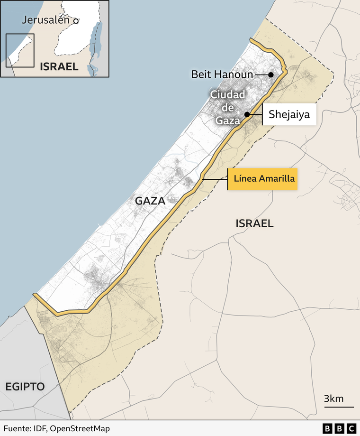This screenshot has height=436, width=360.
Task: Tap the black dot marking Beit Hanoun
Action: coord(271,74)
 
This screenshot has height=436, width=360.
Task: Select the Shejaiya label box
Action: coord(289,114)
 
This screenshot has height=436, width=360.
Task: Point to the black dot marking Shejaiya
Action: coord(247,114)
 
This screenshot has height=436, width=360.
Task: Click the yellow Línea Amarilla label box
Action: coord(263,179)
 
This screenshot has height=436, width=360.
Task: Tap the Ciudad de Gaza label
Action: coord(228,108)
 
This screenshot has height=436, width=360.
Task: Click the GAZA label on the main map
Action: coord(150,201)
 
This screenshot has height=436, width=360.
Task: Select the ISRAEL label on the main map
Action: coord(254,223)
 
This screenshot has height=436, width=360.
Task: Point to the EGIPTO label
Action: coord(25,386)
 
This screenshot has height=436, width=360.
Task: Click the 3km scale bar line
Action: coord(339,407)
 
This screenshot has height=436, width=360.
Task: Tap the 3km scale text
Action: coord(333,398)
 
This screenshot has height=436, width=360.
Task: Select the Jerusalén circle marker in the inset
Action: coord(76,21)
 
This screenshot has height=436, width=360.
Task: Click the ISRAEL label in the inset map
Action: coord(59,66)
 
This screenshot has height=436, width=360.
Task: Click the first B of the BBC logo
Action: coord(327,428)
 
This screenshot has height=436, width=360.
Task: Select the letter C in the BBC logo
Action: coord(351,428)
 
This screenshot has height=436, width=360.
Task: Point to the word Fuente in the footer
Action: coord(16,428)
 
